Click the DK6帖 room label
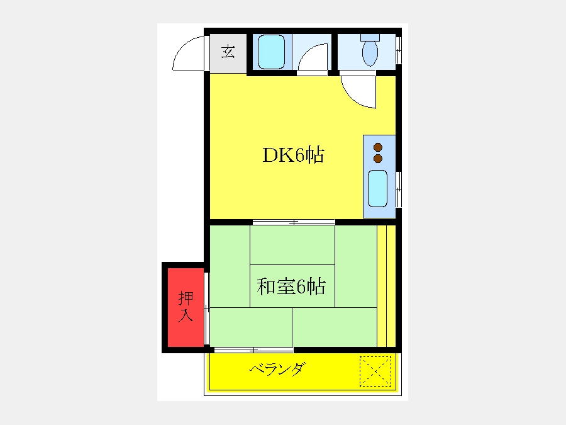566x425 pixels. coord(293,155)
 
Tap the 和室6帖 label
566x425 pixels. coord(291,286)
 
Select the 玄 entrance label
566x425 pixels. coord(228,52)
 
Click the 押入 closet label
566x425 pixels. coord(186,307)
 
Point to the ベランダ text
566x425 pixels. coord(277,370)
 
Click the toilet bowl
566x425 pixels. coord(370,54)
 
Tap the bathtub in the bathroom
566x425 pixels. coord(272,52)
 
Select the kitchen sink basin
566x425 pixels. coord(377,189)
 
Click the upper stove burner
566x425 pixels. coord(378,147)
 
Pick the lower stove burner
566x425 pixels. coord(378,158)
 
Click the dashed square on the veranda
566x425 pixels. coord(375,371)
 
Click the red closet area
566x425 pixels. coord(186,307)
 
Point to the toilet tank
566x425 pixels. coord(370,37)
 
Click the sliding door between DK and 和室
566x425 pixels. coord(294,222)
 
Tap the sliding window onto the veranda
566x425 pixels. coord(253,350)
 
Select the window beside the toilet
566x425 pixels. coord(399,50)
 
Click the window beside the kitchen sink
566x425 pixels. coord(399,190)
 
